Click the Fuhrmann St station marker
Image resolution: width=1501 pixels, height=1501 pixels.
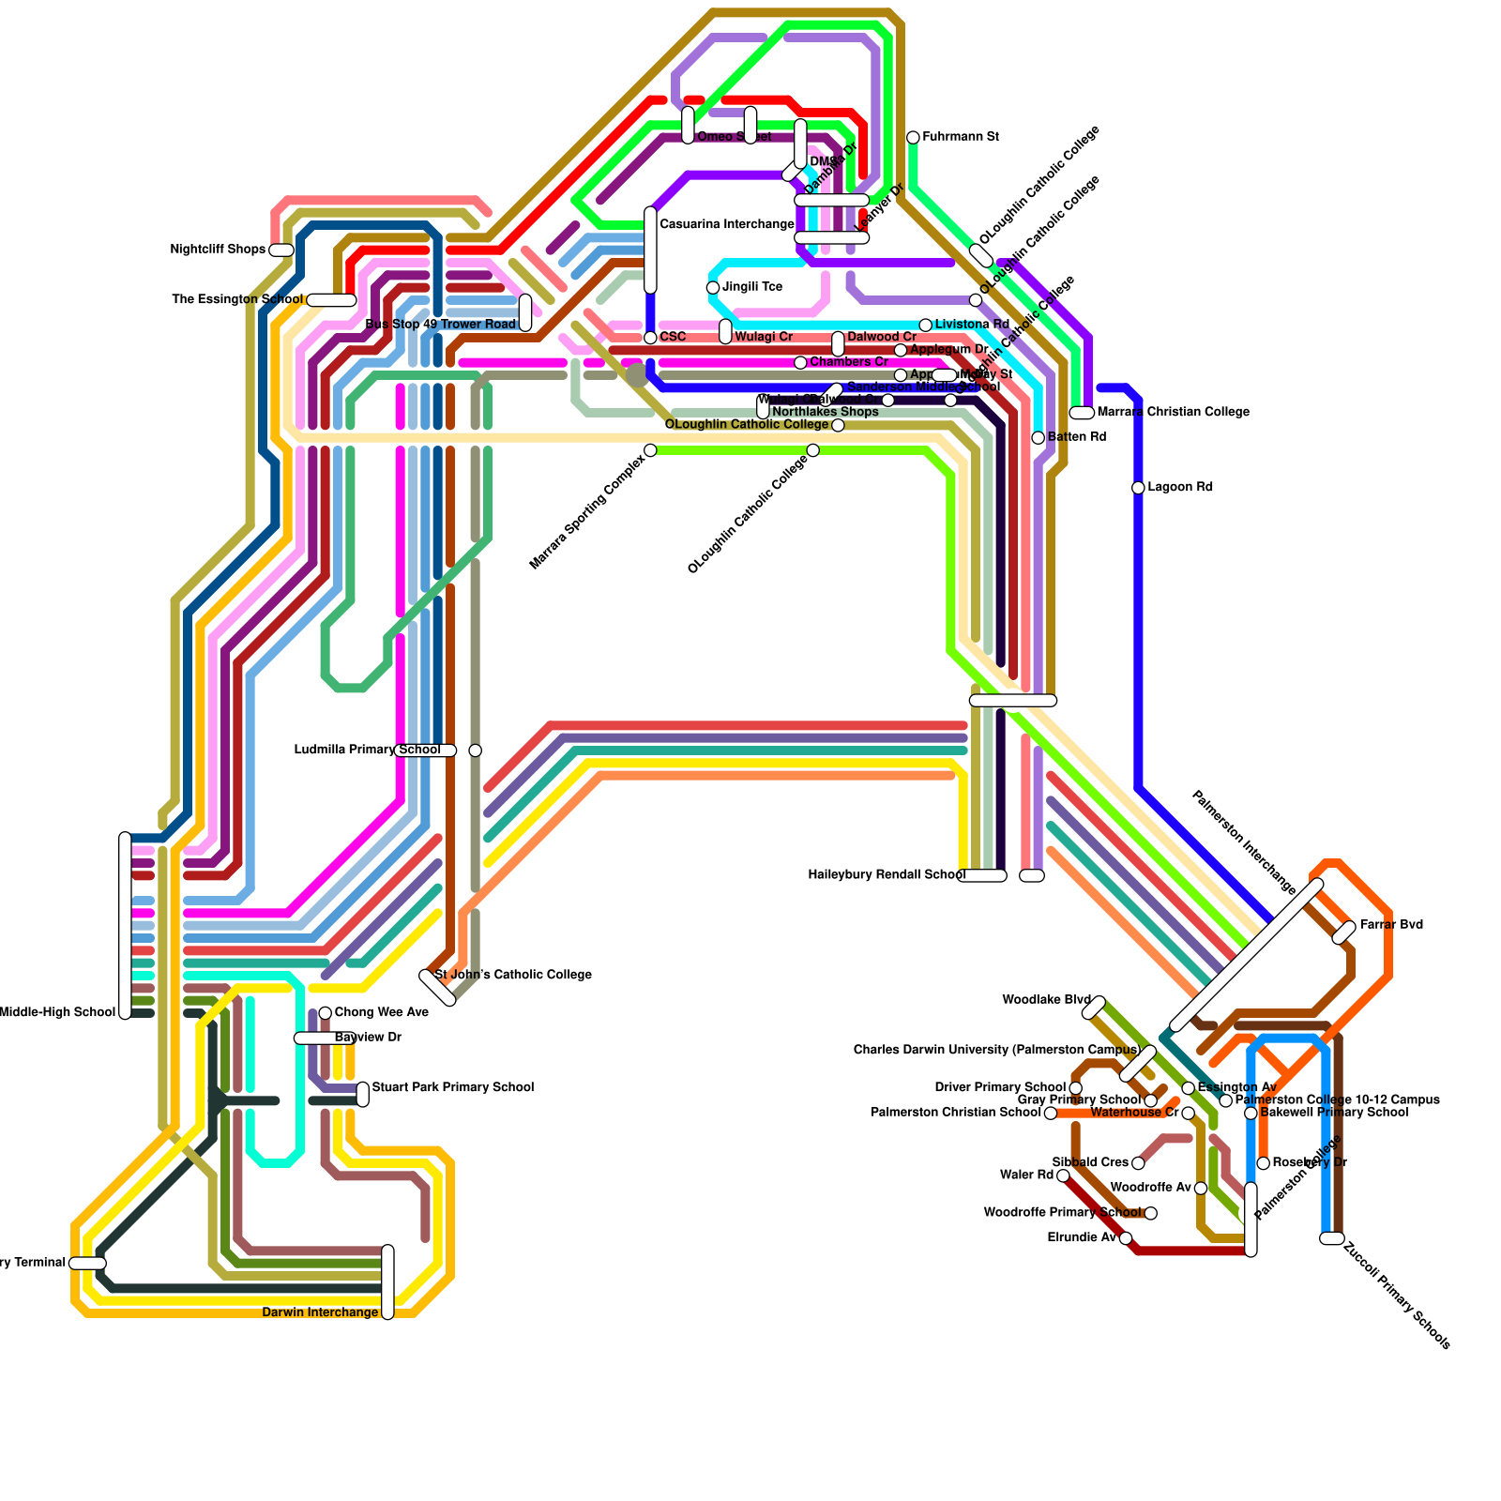[x=913, y=138]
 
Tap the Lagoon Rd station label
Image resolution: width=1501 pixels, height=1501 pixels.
[x=1180, y=487]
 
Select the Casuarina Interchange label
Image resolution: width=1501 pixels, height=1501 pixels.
[x=727, y=224]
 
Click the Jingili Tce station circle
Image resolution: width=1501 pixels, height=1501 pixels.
[x=713, y=287]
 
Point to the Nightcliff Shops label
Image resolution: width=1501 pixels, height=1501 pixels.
[x=218, y=250]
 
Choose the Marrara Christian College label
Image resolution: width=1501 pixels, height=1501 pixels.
[x=1173, y=412]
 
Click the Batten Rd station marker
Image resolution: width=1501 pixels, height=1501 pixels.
[x=1038, y=438]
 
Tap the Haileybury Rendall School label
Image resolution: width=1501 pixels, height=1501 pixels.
[x=887, y=875]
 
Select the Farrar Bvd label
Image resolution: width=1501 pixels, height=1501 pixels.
[x=1391, y=925]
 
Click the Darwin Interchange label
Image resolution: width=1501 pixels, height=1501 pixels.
[x=320, y=1312]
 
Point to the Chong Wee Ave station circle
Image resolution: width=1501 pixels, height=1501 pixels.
[x=325, y=1013]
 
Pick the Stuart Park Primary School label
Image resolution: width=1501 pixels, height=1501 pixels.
[x=453, y=1087]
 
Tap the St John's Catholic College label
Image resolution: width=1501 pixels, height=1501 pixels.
[x=513, y=975]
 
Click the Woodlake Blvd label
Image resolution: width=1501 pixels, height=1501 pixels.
[x=1046, y=1000]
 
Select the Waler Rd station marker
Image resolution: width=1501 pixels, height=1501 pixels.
[x=1063, y=1175]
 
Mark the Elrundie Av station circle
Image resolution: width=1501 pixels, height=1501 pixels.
[x=1126, y=1238]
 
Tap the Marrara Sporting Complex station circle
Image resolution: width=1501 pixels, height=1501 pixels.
[x=650, y=450]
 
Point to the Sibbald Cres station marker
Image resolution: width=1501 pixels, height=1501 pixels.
[x=1138, y=1163]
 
